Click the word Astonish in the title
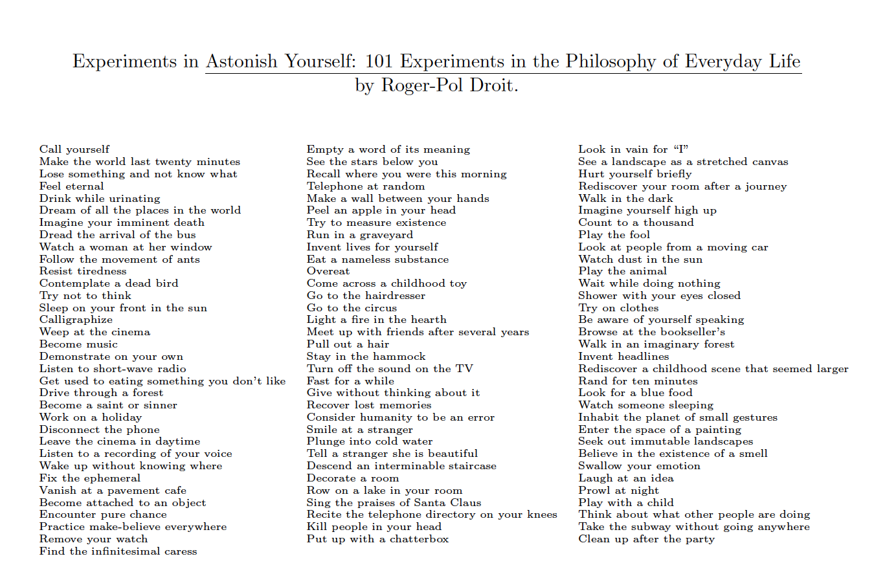243,61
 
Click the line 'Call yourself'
74,150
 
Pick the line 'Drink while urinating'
100,199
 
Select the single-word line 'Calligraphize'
76,320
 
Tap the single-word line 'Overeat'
328,271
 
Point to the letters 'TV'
464,369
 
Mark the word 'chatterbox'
419,539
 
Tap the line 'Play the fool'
614,235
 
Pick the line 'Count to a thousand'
636,223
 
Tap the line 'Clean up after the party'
647,539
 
